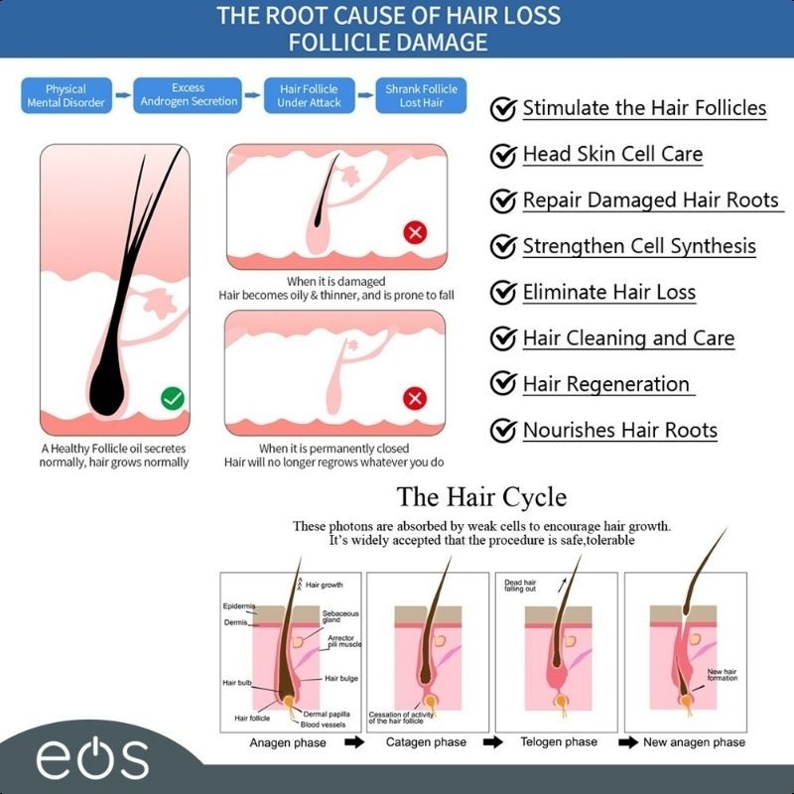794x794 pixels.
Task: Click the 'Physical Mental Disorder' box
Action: [x=66, y=95]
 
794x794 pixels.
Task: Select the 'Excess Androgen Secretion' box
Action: [x=189, y=94]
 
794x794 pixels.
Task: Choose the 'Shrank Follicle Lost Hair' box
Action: [x=421, y=95]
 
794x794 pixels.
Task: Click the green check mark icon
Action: [x=173, y=399]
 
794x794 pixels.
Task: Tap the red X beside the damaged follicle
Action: [x=416, y=234]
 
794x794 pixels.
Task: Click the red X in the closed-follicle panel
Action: [x=416, y=399]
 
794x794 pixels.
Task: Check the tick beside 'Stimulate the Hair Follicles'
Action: [x=503, y=108]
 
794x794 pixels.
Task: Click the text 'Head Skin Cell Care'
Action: [x=612, y=154]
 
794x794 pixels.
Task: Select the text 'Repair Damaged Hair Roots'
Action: [x=651, y=199]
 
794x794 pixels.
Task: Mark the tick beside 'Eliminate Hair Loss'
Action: [x=503, y=293]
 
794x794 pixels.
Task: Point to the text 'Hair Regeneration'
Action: [x=605, y=384]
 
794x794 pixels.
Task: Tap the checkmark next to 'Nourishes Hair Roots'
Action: [x=503, y=431]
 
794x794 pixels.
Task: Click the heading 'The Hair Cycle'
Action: [x=481, y=496]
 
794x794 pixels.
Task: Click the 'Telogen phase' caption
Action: [x=559, y=742]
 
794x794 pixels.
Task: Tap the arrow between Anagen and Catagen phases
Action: [x=353, y=742]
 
